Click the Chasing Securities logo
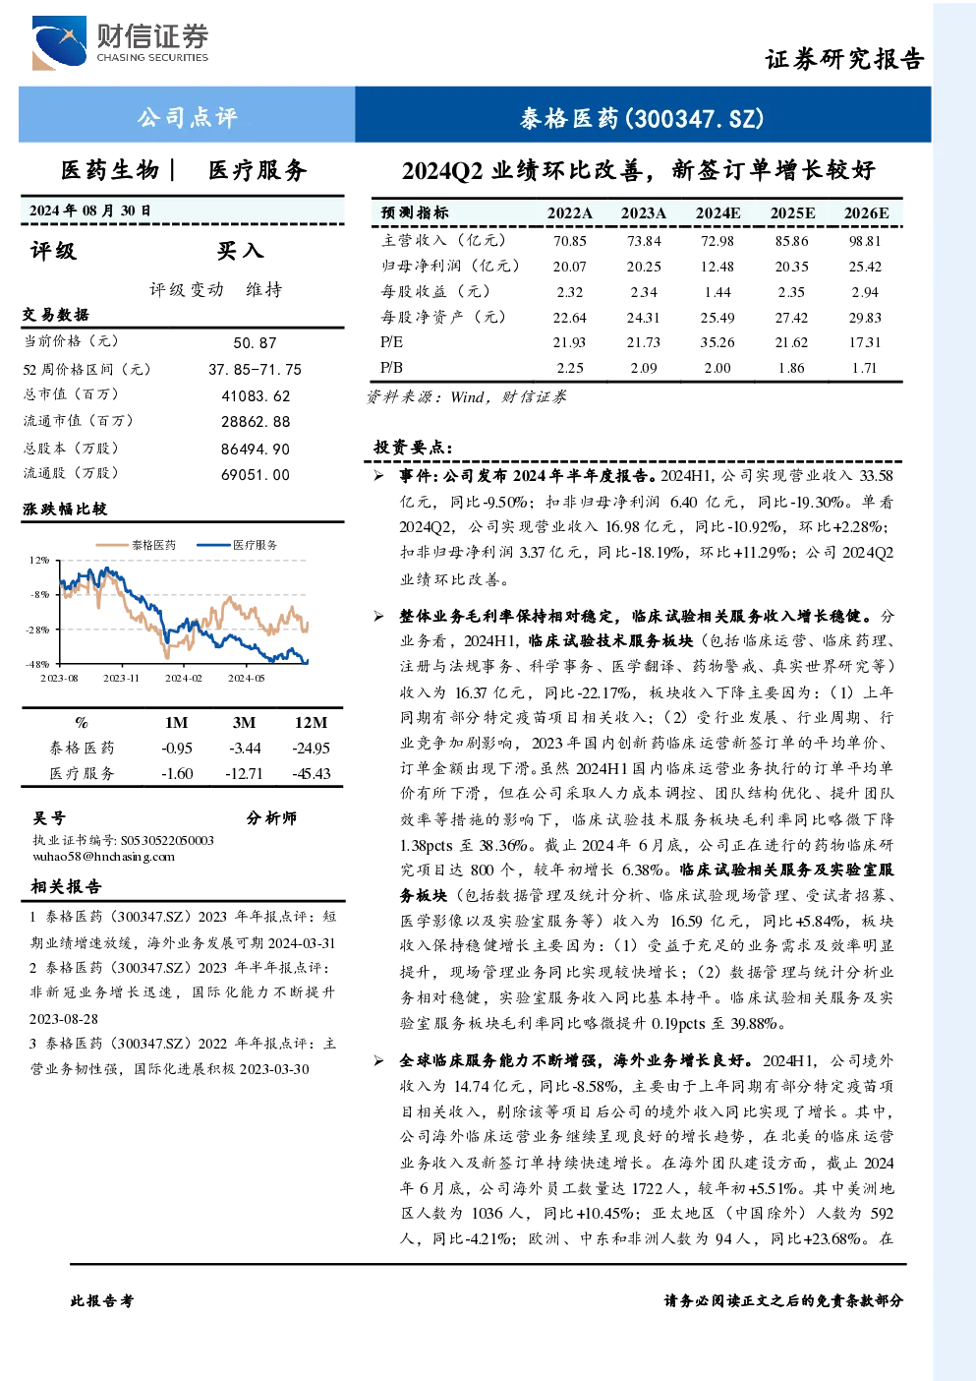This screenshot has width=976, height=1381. point(120,42)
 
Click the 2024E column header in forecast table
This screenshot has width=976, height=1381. point(718,213)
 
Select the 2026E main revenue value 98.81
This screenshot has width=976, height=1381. point(865,241)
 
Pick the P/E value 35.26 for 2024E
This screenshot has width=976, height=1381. point(718,342)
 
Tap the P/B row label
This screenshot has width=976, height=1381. point(391,368)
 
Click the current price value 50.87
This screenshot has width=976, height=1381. point(256,342)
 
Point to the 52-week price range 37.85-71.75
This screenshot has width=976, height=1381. point(256,369)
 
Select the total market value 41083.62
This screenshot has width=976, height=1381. point(256,395)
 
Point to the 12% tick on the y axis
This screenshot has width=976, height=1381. point(39,560)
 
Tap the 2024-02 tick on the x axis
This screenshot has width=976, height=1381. point(184,678)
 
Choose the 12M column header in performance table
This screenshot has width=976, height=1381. point(312,722)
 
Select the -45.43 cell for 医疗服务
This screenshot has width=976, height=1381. point(312,773)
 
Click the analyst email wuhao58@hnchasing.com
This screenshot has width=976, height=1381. point(103,857)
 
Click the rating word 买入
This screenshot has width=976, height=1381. point(240,250)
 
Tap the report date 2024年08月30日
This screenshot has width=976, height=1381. point(90,210)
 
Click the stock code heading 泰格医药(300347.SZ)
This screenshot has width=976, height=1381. point(642,118)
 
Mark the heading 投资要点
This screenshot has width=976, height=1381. point(413,447)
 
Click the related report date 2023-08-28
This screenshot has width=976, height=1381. point(64,1019)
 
